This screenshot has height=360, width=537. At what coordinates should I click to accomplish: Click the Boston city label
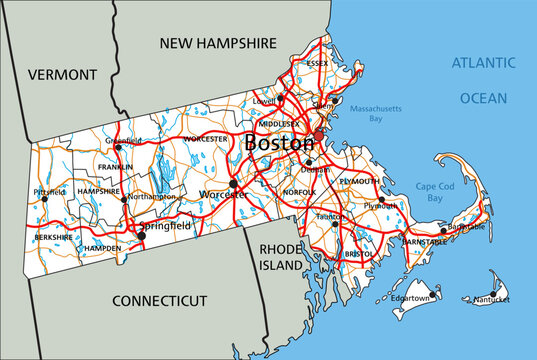pos(279,143)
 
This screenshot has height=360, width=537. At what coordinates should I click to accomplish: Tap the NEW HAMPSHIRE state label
pos(217,44)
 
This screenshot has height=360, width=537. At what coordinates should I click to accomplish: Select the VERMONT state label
pos(63,74)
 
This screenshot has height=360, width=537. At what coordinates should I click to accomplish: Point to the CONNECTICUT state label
pos(159,300)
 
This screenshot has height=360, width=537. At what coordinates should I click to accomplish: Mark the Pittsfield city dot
pos(43,198)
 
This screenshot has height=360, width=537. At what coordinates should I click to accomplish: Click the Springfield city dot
pos(141,236)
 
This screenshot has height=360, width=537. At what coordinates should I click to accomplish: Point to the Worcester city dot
pos(233,183)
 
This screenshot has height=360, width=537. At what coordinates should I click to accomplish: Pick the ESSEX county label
pos(317,63)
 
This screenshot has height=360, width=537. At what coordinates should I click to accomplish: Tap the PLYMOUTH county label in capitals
pos(359,181)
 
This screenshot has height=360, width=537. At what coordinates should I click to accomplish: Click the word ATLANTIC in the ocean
pos(483,62)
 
